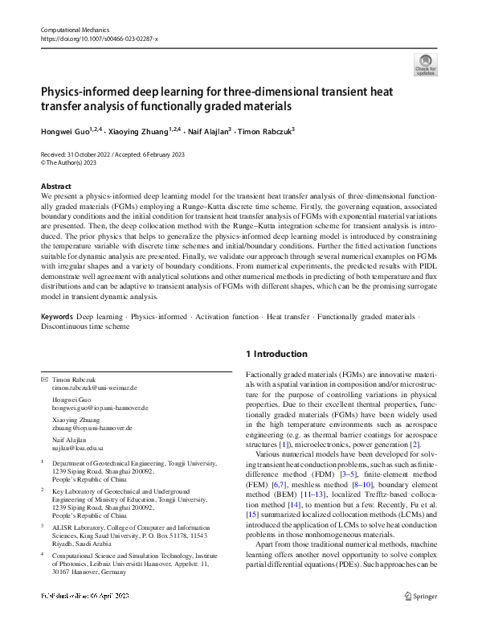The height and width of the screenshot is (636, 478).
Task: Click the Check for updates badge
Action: click(x=425, y=65)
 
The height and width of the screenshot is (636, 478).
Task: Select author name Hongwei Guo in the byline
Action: click(x=67, y=130)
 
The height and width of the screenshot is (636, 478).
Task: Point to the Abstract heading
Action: click(x=55, y=186)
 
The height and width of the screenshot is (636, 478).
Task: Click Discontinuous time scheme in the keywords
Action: click(x=86, y=326)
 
